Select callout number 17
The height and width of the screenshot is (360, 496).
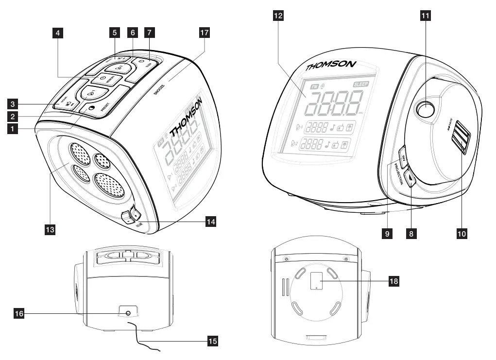point(205,33)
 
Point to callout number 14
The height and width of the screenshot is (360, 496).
point(210,222)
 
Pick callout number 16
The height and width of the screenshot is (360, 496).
point(19,314)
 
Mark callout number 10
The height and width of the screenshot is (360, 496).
point(462,234)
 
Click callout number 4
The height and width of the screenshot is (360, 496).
point(58,33)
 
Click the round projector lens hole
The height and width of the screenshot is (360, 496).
point(424,111)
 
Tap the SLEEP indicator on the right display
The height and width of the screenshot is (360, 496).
point(361,84)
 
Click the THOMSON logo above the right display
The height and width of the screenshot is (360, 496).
point(331,66)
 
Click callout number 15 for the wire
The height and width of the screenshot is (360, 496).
point(212,342)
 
